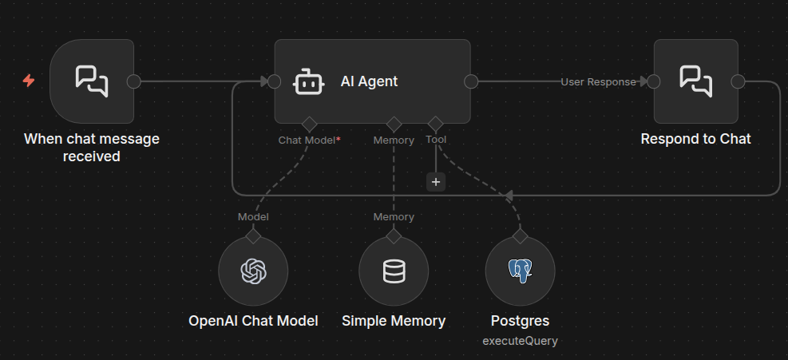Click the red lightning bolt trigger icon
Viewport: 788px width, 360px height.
pos(29,81)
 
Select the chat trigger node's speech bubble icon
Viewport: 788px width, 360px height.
pos(92,81)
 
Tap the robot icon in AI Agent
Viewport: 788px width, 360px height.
pos(308,81)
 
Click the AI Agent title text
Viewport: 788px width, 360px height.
pos(369,81)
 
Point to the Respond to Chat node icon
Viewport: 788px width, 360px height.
pos(695,81)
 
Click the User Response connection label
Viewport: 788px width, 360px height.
pos(598,81)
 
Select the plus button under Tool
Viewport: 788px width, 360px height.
pos(436,182)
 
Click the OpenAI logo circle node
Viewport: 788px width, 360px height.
pos(253,271)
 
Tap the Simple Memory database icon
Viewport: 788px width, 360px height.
pos(394,271)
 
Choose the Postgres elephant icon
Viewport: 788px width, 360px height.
pos(520,271)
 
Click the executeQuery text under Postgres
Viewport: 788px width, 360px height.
pos(520,340)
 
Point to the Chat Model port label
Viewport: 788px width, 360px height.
pos(307,140)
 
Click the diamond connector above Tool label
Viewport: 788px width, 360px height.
pos(435,124)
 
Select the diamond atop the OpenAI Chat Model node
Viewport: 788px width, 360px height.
pos(253,236)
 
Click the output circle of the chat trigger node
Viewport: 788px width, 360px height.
pos(134,81)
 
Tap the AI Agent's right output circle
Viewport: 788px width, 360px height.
pos(471,81)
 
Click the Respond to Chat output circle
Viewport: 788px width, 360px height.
pos(738,81)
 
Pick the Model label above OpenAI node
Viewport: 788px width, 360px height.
pos(253,216)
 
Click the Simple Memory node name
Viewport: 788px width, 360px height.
pos(394,321)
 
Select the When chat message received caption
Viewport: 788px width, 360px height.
pos(92,148)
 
